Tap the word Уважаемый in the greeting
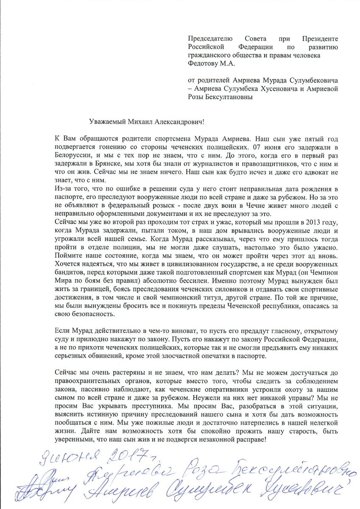click(x=104, y=122)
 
